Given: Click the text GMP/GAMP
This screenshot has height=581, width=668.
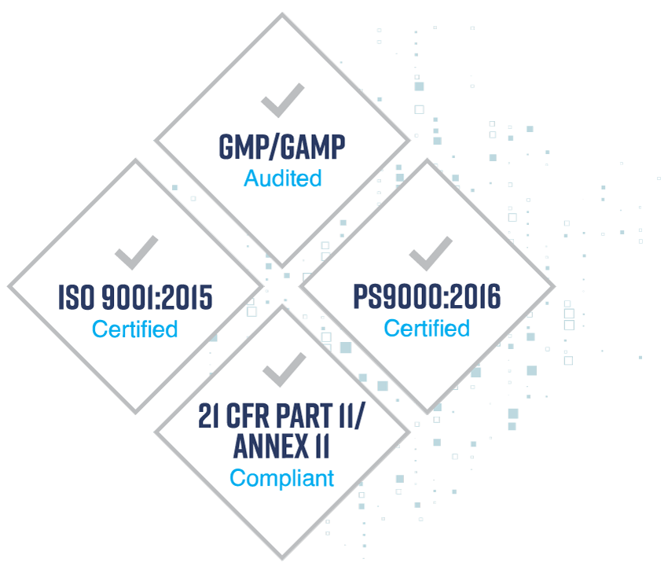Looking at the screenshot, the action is (282, 147).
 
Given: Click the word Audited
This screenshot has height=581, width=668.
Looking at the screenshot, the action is (282, 178).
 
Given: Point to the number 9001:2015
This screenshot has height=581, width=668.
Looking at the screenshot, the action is (157, 297).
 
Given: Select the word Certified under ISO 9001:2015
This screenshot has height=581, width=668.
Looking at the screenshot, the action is (134, 329).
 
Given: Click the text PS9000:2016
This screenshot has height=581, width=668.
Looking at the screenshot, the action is (427, 296).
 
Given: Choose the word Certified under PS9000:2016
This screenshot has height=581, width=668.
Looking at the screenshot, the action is (427, 328).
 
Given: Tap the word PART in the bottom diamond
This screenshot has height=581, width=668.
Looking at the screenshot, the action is (304, 416).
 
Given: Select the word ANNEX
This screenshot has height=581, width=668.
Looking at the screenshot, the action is (271, 446).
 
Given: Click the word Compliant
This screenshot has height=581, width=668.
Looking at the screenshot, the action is (281, 479).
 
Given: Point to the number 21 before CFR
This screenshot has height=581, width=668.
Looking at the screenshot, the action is (209, 416).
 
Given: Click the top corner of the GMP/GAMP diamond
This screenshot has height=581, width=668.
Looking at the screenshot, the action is (282, 14).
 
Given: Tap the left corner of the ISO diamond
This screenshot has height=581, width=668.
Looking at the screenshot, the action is (9, 286).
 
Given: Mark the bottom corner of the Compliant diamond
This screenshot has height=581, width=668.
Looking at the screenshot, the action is (282, 558).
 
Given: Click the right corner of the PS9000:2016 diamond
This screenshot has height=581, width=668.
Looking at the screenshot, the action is (554, 286).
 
